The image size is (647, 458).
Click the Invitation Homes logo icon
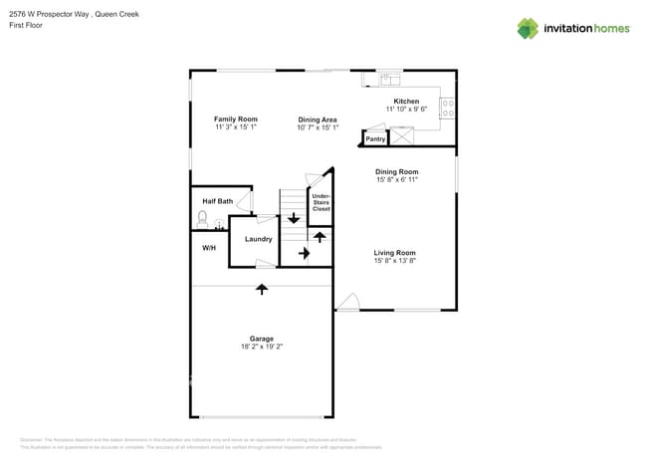527,29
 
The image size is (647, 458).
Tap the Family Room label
235,118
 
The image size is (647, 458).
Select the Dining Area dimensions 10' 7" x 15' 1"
319,127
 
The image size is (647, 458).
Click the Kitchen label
406,102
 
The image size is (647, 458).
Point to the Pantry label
375,139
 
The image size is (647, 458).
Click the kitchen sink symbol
387,78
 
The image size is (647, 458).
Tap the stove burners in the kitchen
447,107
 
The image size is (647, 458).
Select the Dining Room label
396,172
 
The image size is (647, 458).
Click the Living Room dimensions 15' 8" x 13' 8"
394,262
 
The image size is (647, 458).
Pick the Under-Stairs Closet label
321,203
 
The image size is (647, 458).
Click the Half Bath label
217,201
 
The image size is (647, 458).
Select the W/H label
209,247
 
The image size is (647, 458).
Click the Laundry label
259,239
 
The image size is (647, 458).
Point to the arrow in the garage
262,289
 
